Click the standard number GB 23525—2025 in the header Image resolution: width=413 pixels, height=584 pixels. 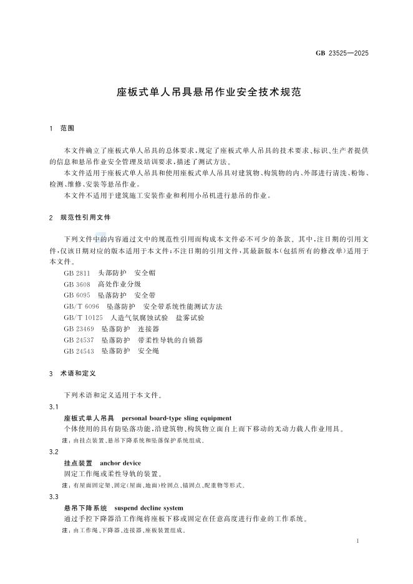click(x=343, y=53)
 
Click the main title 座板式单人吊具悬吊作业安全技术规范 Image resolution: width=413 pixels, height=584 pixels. click(x=209, y=92)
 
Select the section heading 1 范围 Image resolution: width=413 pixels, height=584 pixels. click(x=62, y=128)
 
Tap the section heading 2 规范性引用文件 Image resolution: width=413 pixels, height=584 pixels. click(x=80, y=219)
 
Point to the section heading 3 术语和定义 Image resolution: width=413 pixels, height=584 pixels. click(x=71, y=373)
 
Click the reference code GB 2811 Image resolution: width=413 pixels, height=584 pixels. click(x=77, y=273)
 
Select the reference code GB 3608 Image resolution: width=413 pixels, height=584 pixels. click(x=77, y=284)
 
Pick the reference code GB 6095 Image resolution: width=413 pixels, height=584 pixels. click(x=77, y=294)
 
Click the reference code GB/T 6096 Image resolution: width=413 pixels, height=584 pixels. click(x=82, y=306)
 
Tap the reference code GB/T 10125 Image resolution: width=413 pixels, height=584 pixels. click(x=84, y=318)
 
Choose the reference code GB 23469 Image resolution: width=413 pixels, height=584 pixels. click(x=79, y=329)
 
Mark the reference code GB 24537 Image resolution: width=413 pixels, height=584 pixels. click(x=79, y=340)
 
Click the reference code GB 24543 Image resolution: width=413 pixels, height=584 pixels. click(x=79, y=351)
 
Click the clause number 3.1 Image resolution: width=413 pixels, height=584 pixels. click(x=53, y=407)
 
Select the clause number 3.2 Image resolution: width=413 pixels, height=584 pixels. click(x=53, y=451)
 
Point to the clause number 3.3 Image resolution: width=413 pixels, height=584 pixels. click(x=53, y=496)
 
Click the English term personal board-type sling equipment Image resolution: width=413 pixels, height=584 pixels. click(x=177, y=418)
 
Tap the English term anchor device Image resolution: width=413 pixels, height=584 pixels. click(x=120, y=463)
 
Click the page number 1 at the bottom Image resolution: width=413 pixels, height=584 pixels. click(x=356, y=541)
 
